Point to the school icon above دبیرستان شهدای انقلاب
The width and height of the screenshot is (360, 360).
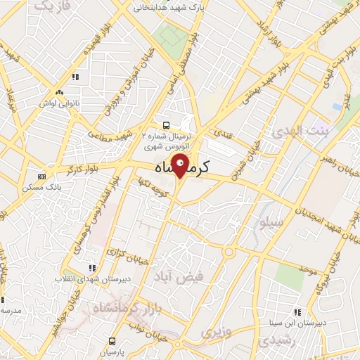[91, 267]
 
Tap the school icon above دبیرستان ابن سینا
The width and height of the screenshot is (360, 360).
[298, 311]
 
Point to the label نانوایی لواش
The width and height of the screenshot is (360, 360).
[60, 103]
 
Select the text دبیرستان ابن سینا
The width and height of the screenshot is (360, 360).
[299, 323]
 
